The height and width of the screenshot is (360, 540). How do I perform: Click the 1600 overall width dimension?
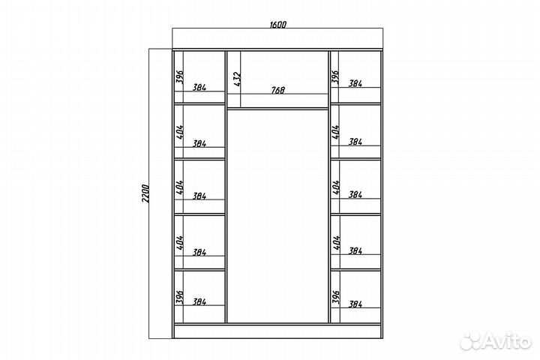point(278,25)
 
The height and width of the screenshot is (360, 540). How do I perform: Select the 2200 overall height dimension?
point(145,193)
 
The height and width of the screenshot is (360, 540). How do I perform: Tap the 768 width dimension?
point(278,90)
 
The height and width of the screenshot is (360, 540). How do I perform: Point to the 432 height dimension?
point(237,79)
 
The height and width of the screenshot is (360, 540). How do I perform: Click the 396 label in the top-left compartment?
point(180,76)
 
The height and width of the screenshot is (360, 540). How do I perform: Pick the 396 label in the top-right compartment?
point(335,76)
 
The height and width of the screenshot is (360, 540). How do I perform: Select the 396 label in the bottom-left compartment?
point(180,297)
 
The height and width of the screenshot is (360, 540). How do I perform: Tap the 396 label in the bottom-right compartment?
point(336,297)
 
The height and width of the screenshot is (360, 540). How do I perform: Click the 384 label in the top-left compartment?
point(199,88)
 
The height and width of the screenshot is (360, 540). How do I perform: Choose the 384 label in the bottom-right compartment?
point(355,304)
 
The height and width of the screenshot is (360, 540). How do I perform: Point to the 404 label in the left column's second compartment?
point(180,131)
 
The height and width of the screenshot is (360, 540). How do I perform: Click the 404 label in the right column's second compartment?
point(336,132)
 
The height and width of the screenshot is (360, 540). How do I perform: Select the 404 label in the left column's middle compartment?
point(180,187)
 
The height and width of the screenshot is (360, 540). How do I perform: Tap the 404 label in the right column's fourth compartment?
point(337,242)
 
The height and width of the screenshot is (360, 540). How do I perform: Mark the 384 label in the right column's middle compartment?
point(355,195)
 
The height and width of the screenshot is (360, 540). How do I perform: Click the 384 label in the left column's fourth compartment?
point(199,253)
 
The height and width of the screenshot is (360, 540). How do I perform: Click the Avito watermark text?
point(508,341)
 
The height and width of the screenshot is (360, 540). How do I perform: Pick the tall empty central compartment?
point(278,216)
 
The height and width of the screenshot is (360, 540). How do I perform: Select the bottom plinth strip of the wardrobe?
point(278,331)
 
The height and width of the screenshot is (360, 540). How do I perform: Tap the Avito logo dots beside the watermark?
point(471,341)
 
